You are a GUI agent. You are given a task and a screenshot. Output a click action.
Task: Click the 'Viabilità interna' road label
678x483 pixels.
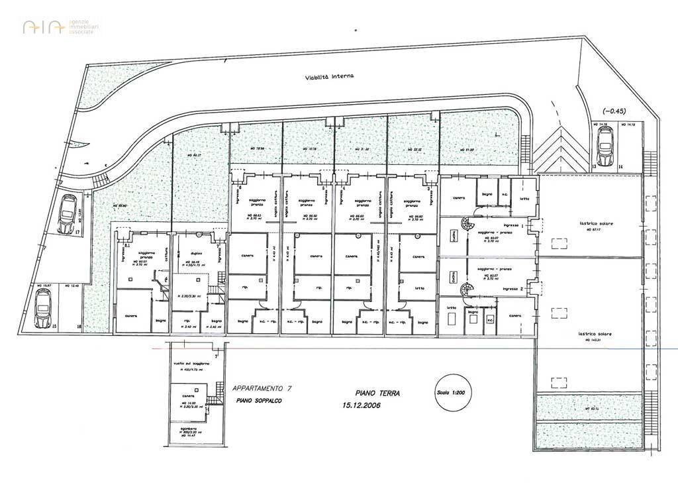pyautogui.click(x=330, y=76)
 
